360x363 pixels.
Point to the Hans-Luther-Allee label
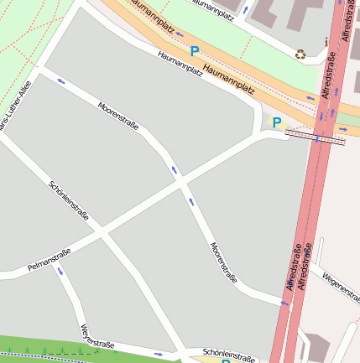17,105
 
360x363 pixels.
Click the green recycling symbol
300,54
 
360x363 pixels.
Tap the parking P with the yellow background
276,122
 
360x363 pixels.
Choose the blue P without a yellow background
195,51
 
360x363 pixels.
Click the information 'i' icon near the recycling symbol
326,41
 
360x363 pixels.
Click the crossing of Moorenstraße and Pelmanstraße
181,180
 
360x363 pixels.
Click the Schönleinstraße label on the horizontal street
228,355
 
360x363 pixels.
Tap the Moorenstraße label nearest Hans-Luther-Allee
118,117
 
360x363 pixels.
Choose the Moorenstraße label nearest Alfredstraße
222,262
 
